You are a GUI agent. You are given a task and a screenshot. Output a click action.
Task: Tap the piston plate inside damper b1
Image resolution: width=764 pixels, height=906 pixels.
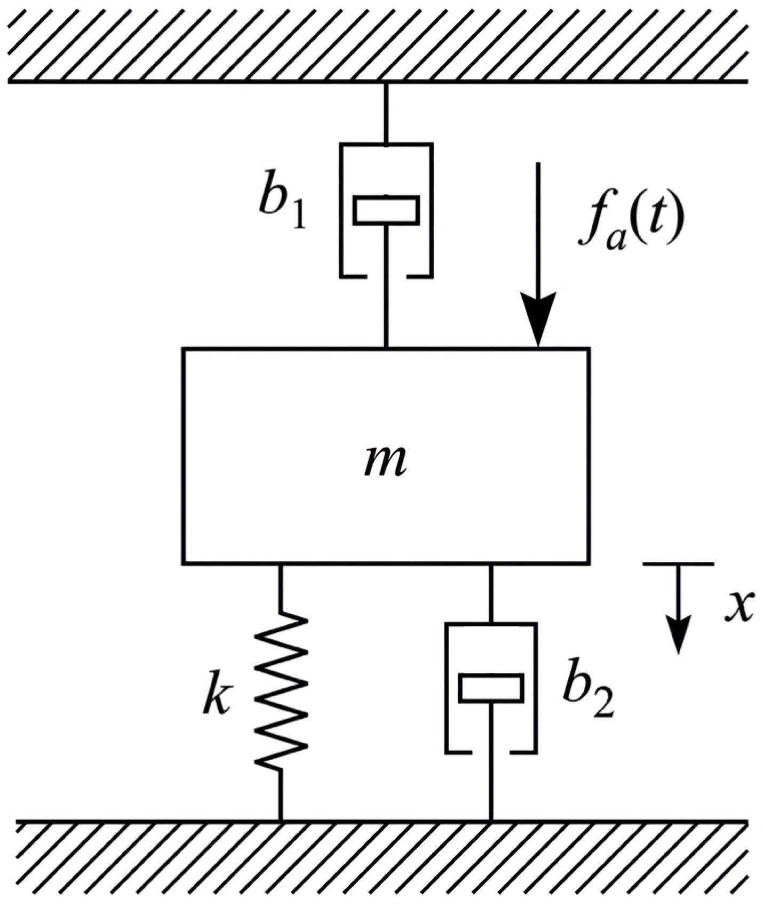point(386,210)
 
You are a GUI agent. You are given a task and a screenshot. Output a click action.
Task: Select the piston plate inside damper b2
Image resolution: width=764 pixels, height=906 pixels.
point(491,688)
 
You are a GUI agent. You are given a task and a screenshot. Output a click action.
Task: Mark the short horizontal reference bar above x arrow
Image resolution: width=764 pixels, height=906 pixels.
point(678,563)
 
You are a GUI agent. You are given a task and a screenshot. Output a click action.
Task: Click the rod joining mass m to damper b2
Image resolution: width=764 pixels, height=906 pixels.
point(491,593)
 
